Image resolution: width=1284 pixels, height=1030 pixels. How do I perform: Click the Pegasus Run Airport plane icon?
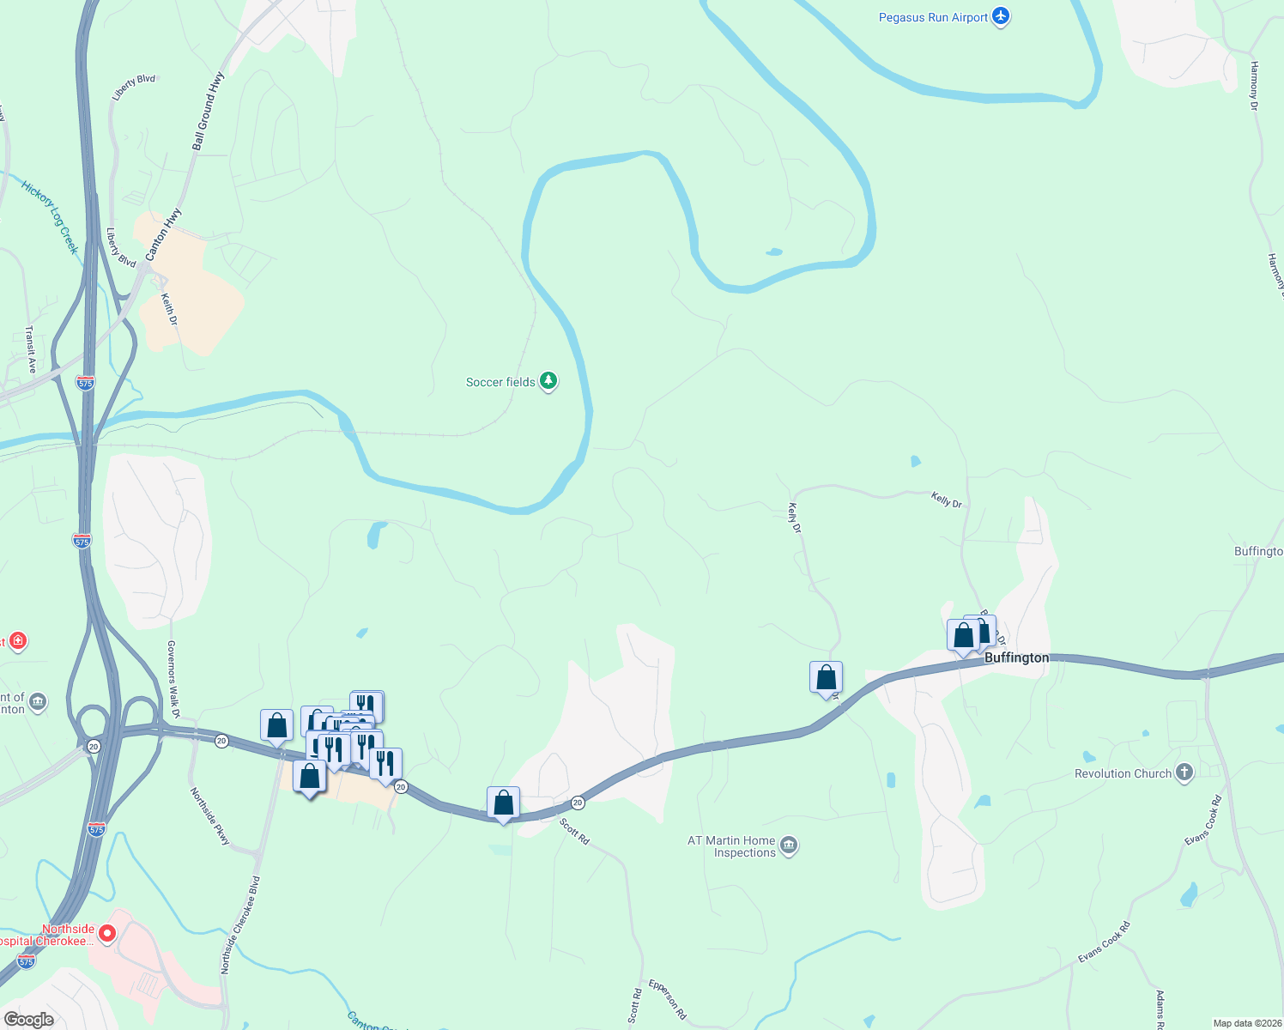point(1001,17)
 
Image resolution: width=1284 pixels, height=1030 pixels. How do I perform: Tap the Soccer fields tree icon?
point(548,381)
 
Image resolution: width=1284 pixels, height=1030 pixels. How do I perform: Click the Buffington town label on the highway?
point(1016,657)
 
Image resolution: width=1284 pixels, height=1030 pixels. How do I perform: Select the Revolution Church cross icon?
point(1184,772)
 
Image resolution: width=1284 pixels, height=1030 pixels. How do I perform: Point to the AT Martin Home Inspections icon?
point(790,846)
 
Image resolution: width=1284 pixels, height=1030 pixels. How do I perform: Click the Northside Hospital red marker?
point(107,933)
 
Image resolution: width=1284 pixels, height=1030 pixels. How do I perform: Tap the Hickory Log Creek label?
point(51,217)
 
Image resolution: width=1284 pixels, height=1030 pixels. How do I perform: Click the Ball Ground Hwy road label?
point(209,112)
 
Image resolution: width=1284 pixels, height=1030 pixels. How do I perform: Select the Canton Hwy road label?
point(163,234)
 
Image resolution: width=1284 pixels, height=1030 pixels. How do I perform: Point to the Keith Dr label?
point(170,309)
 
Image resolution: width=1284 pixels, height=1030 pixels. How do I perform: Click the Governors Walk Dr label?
point(173,679)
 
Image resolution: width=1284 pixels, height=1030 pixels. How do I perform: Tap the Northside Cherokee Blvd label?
point(240,925)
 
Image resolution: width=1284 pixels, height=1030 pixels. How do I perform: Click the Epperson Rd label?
point(668,999)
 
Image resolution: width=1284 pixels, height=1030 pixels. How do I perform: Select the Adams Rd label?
point(1160,1009)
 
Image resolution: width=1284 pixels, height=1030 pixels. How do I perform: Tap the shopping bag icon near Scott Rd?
point(503,803)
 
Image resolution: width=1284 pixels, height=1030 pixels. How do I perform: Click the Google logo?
point(29,1020)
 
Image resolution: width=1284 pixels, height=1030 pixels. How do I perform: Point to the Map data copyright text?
point(1247,1023)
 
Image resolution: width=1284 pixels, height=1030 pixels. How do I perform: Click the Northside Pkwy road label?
point(210,816)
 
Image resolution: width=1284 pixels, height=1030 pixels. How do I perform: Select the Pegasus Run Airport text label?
point(933,17)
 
